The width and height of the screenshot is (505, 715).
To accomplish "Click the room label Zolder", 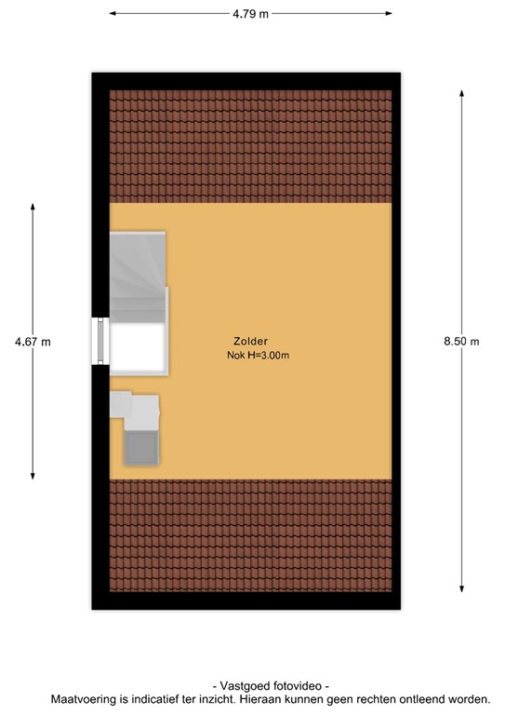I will (251, 342).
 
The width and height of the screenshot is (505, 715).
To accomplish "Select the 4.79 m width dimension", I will (250, 14).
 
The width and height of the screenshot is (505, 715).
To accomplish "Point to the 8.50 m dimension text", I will (461, 342).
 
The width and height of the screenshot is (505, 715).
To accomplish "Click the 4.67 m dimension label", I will (33, 342).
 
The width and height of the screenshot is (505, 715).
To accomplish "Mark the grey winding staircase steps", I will (138, 275).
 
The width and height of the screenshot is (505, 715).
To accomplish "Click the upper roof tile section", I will (250, 145).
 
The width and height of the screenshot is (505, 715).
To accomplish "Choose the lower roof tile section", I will (250, 535).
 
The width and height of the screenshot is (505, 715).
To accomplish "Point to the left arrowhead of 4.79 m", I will (113, 14).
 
